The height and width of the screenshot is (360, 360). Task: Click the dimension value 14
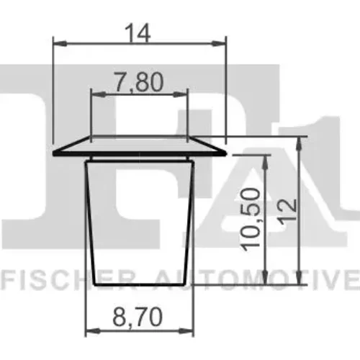[138, 33]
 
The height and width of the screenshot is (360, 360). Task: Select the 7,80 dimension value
[139, 82]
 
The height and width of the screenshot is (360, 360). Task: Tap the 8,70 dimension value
[138, 317]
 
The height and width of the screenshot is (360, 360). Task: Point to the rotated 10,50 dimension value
[251, 219]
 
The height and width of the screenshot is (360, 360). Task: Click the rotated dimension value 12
[289, 212]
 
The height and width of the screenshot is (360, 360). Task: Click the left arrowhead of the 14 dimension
[60, 43]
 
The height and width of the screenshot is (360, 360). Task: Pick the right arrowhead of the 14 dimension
[219, 43]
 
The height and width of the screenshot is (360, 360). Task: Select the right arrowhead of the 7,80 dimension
[180, 94]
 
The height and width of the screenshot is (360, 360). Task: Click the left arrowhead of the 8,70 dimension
[93, 331]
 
